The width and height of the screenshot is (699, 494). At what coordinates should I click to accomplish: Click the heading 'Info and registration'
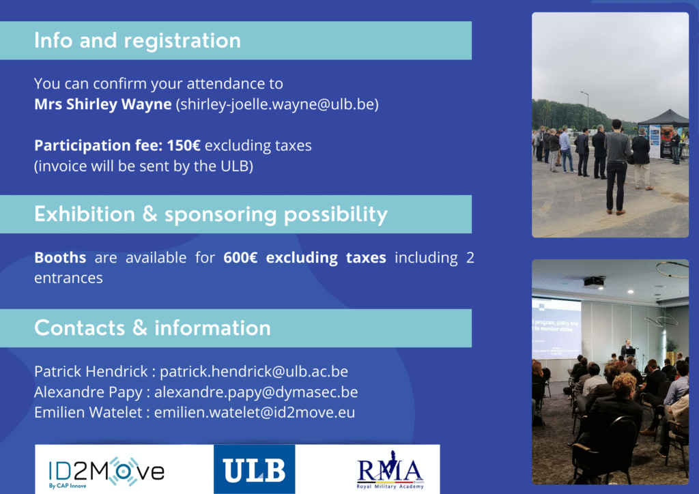tap(137, 40)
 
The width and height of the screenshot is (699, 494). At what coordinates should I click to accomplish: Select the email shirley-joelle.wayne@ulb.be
tap(277, 104)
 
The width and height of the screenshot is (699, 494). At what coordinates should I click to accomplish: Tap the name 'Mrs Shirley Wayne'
tap(103, 104)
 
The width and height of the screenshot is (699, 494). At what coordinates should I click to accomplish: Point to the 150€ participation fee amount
tap(184, 145)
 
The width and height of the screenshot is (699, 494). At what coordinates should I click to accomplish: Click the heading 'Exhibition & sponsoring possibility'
tap(211, 215)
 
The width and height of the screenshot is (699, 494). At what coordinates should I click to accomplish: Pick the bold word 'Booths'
tap(60, 257)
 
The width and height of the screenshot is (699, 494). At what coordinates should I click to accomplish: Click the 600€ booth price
tap(240, 257)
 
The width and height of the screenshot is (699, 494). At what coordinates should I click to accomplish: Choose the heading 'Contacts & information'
tap(152, 328)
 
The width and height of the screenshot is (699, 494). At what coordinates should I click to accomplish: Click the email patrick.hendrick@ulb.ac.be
tap(254, 371)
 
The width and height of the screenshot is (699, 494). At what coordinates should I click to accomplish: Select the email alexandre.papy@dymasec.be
tap(256, 392)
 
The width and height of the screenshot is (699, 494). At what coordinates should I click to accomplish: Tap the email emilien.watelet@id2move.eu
tap(255, 412)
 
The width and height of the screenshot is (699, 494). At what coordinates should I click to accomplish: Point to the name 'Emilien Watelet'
tap(88, 412)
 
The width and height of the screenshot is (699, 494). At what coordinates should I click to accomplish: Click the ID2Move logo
tap(106, 471)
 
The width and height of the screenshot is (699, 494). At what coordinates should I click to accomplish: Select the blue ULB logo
tap(254, 469)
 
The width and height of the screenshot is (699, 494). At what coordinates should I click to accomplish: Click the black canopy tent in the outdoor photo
tap(664, 118)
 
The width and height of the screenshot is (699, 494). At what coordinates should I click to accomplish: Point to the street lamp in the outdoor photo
tap(585, 110)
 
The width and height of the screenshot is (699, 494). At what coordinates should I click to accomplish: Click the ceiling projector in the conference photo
tap(594, 282)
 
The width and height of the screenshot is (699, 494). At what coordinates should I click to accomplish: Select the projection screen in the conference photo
tap(556, 328)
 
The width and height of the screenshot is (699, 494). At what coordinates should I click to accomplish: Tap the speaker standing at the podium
tap(628, 347)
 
